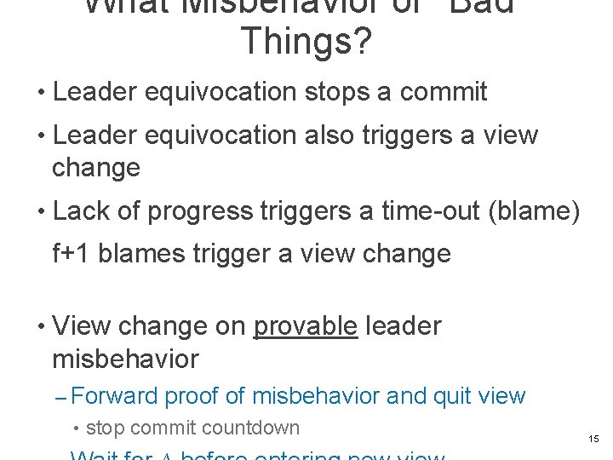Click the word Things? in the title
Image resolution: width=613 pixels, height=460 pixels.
[x=306, y=41]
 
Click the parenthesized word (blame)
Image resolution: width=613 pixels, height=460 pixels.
[x=537, y=211]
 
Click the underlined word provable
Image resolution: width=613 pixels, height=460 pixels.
[x=306, y=326]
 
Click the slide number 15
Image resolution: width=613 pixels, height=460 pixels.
[x=593, y=439]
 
